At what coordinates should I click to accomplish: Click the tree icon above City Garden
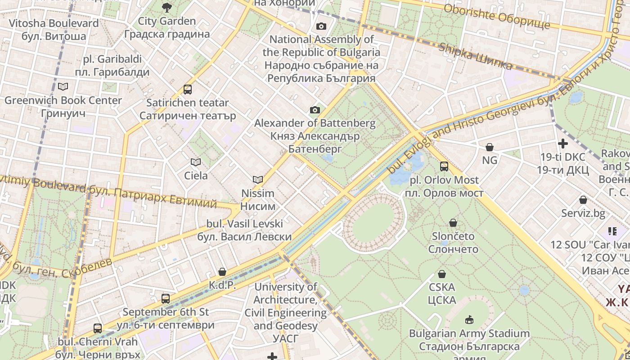tap(166, 7)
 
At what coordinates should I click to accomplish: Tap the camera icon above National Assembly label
tap(321, 26)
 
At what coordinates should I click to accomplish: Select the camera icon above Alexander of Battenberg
tap(315, 110)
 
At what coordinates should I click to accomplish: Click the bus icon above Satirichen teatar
tap(188, 90)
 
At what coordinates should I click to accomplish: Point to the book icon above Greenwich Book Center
tap(63, 86)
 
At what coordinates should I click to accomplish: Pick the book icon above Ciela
tap(196, 162)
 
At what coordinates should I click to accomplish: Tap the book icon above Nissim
tap(257, 180)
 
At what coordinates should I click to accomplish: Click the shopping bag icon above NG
tap(490, 147)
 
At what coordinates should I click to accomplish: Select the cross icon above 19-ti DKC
tap(562, 144)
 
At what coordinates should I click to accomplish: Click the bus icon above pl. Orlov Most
tap(444, 166)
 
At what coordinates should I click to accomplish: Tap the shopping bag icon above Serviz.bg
tap(583, 200)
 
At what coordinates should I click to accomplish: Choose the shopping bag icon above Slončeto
tap(453, 223)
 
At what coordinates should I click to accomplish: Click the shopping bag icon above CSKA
tap(442, 274)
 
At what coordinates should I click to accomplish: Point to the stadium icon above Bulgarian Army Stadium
tap(469, 320)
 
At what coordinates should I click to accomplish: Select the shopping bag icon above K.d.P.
tap(222, 272)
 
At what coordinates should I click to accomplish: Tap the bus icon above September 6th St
tap(166, 298)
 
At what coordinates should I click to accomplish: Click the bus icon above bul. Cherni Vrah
tap(98, 328)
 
